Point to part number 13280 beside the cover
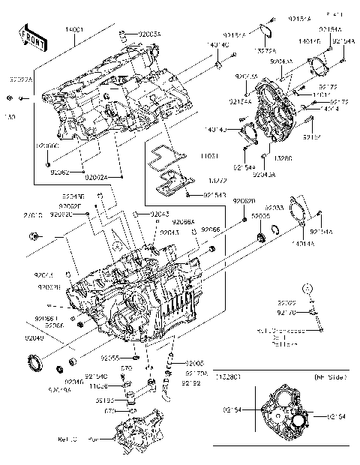point(283,158)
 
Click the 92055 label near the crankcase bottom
point(112,358)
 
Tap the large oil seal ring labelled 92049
point(34,363)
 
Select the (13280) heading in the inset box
point(230,376)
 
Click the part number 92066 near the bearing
point(211,229)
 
